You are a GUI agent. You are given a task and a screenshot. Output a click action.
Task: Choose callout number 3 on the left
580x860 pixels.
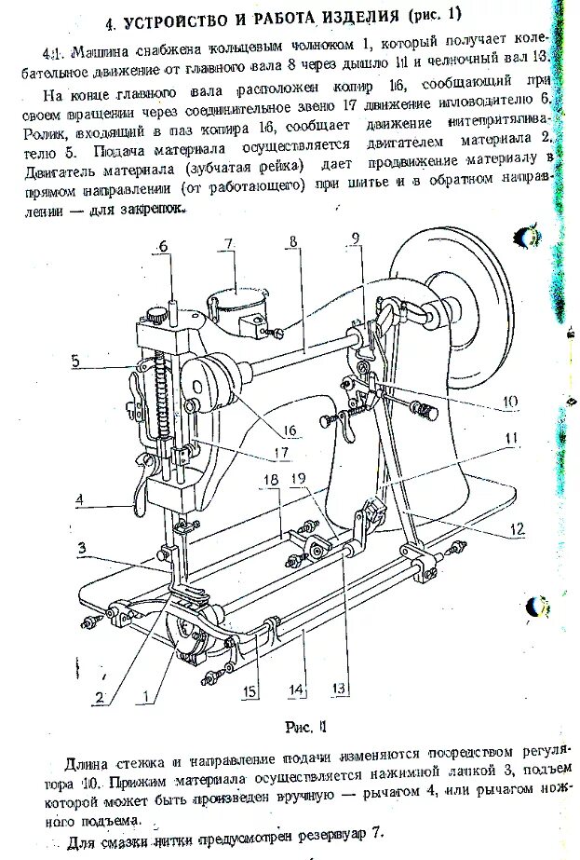click(x=82, y=548)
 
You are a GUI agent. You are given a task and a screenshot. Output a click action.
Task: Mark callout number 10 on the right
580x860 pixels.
click(x=511, y=403)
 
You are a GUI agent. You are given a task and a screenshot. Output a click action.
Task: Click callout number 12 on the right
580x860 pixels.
click(x=518, y=530)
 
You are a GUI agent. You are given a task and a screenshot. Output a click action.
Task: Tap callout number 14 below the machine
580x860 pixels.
click(x=296, y=690)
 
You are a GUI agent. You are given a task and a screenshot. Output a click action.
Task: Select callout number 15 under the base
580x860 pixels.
click(x=250, y=690)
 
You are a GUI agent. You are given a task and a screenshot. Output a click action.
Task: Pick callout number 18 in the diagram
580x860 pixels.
click(x=270, y=478)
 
